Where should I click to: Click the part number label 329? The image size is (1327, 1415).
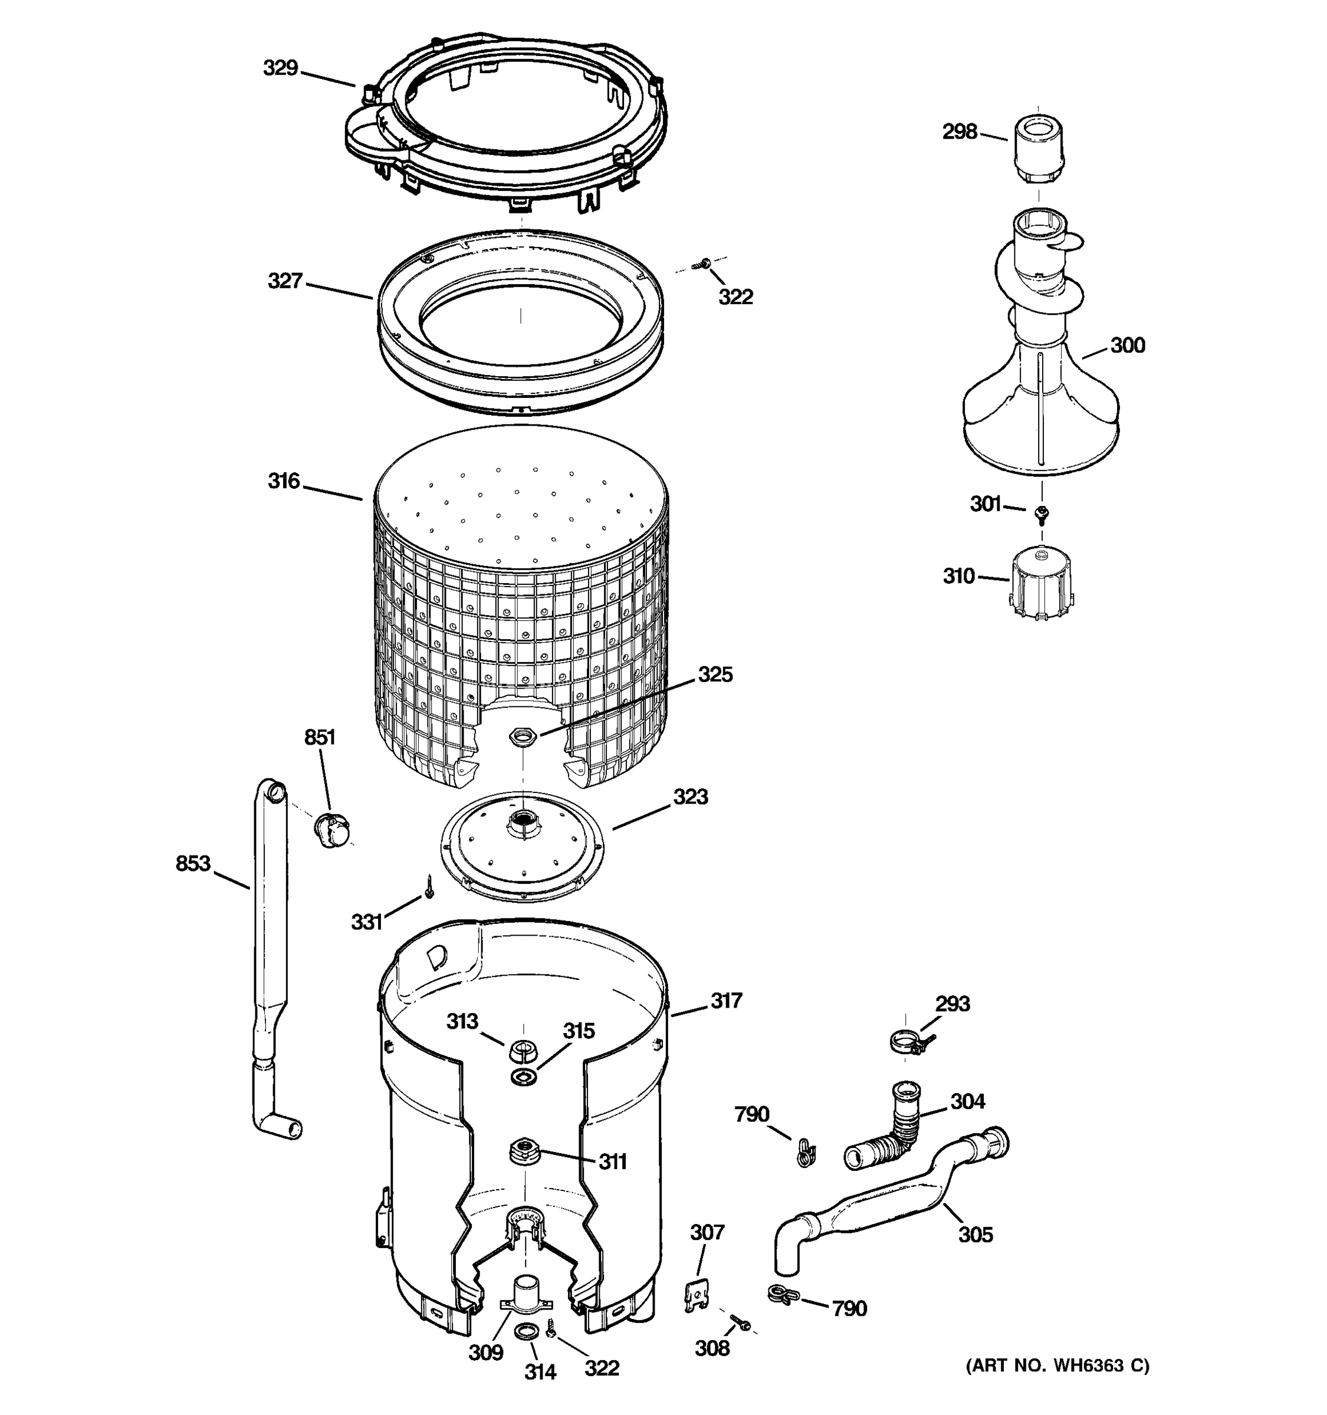pos(281,68)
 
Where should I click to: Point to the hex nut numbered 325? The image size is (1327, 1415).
pos(523,736)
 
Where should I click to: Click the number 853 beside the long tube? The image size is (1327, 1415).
pos(193,864)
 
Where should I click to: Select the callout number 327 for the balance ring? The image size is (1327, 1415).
pos(285,282)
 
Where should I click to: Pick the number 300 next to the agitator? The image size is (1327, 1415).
pos(1127,346)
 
